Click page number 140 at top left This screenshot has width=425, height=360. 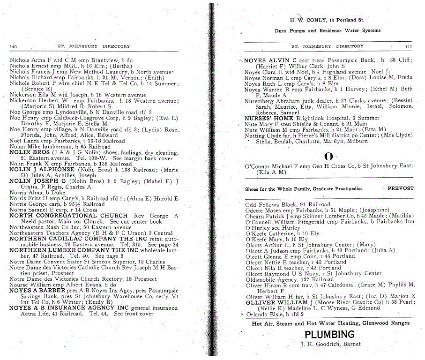click(x=13, y=47)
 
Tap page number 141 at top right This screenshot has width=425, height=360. click(x=408, y=47)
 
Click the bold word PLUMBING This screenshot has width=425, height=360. click(x=329, y=334)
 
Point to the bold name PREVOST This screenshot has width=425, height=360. click(x=401, y=188)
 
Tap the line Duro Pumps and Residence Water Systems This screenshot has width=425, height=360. click(x=327, y=31)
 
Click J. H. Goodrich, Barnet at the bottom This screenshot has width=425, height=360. click(x=331, y=345)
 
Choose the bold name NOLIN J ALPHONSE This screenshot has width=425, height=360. click(x=42, y=170)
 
